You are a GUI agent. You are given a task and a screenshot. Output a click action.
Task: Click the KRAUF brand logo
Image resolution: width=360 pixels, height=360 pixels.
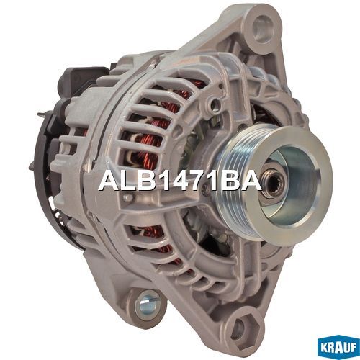(338, 348)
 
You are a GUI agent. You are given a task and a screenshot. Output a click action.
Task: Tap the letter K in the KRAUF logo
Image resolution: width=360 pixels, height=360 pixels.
(323, 348)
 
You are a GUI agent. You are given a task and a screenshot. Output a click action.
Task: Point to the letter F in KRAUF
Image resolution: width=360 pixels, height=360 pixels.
(354, 348)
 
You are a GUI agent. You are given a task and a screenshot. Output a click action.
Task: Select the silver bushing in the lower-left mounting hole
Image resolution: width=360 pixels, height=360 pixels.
(147, 305)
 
